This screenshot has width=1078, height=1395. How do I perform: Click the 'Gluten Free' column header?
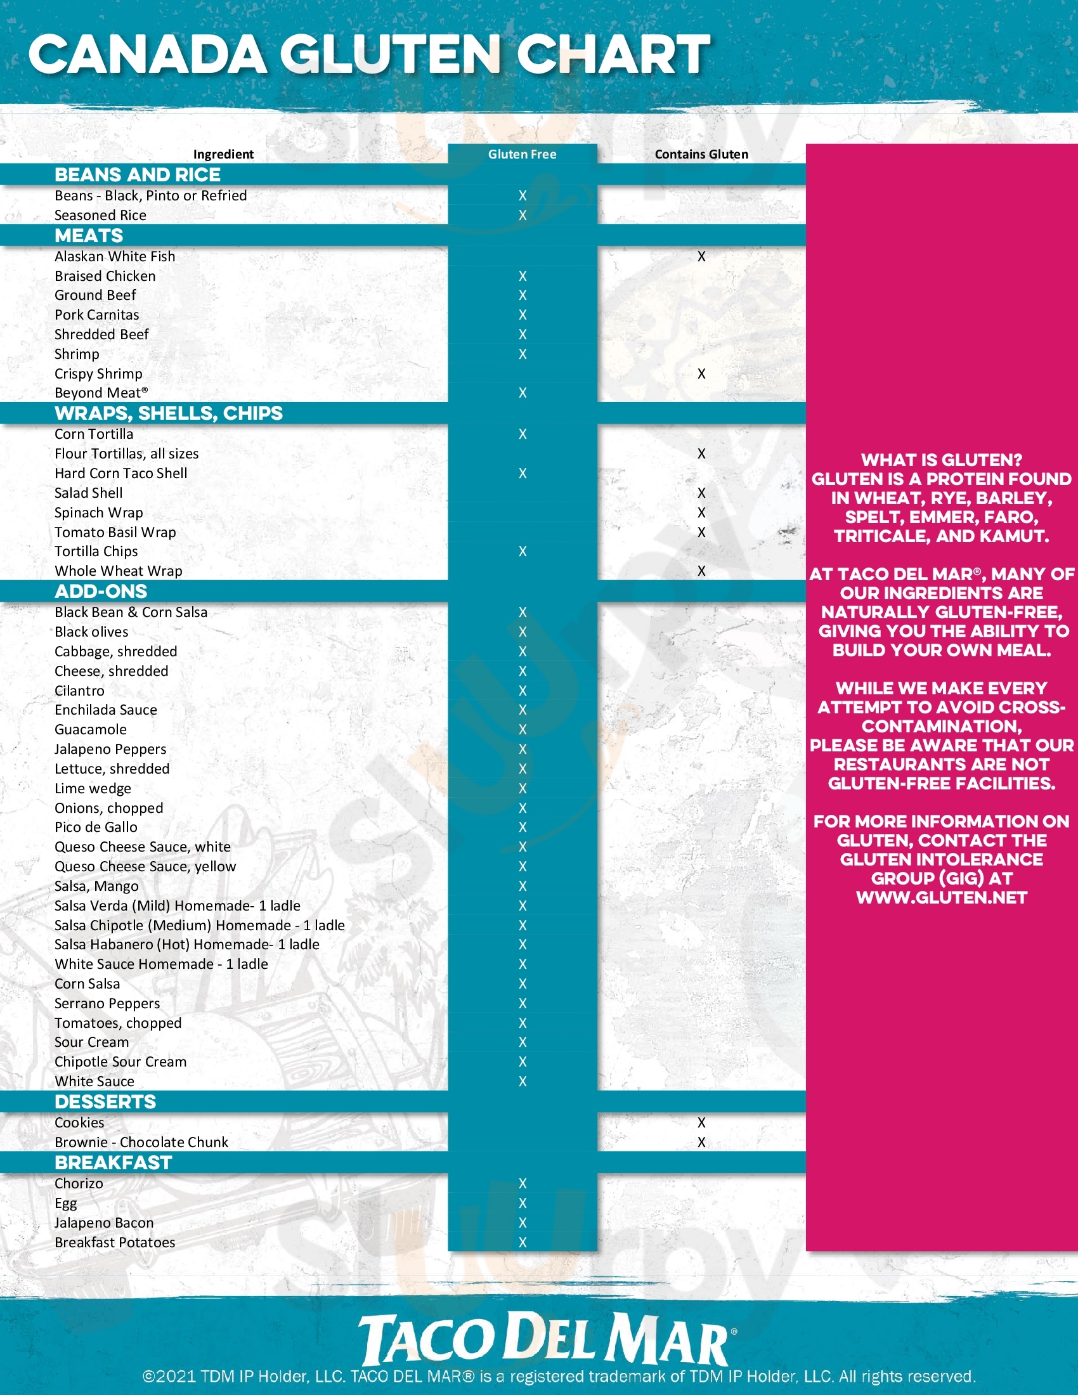pyautogui.click(x=522, y=154)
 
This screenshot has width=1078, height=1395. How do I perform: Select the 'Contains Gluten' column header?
pyautogui.click(x=701, y=154)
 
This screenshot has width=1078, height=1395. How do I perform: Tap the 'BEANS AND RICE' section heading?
pyautogui.click(x=138, y=174)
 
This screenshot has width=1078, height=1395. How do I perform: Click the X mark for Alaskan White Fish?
pyautogui.click(x=701, y=256)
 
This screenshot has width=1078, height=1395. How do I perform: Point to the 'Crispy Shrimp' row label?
pyautogui.click(x=98, y=373)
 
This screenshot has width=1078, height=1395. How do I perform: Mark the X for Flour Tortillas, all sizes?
pyautogui.click(x=701, y=453)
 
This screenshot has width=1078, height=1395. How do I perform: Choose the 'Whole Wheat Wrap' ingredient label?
pyautogui.click(x=118, y=571)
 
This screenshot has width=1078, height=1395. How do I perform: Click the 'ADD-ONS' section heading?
pyautogui.click(x=101, y=592)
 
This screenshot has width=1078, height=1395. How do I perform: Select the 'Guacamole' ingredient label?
pyautogui.click(x=91, y=729)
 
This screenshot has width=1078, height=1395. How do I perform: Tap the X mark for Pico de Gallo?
pyautogui.click(x=523, y=827)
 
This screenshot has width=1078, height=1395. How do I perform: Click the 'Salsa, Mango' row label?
pyautogui.click(x=96, y=886)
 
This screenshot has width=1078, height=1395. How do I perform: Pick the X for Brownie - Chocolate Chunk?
pyautogui.click(x=701, y=1142)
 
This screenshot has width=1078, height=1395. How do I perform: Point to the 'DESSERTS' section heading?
pyautogui.click(x=105, y=1102)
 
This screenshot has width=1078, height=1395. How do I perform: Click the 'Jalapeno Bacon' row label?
pyautogui.click(x=104, y=1223)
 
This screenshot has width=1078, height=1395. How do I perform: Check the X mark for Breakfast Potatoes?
pyautogui.click(x=523, y=1242)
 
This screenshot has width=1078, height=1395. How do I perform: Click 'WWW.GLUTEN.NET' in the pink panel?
pyautogui.click(x=941, y=897)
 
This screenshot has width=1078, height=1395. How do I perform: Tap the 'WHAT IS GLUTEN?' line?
pyautogui.click(x=941, y=460)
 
